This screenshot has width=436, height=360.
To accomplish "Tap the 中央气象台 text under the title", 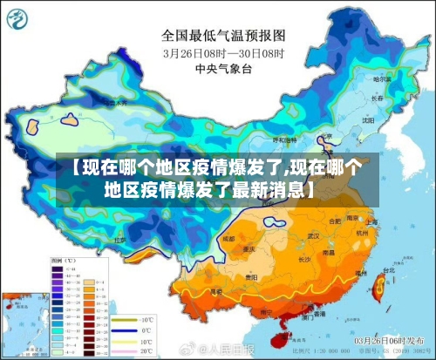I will click(x=223, y=69).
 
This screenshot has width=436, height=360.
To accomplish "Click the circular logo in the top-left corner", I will click(x=19, y=20).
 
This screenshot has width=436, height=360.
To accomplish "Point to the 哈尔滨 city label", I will click(x=380, y=79).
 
